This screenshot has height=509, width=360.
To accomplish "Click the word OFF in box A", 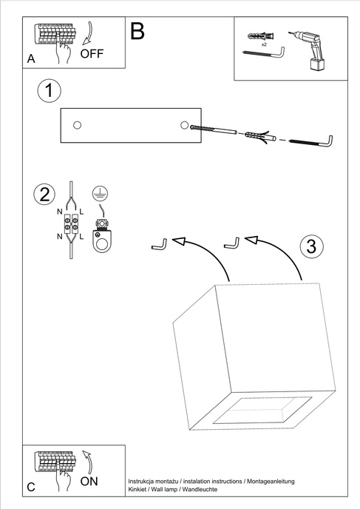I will (92, 53).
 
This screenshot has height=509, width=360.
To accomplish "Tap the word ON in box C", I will (89, 481).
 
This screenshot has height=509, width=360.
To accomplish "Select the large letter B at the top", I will (137, 30).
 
